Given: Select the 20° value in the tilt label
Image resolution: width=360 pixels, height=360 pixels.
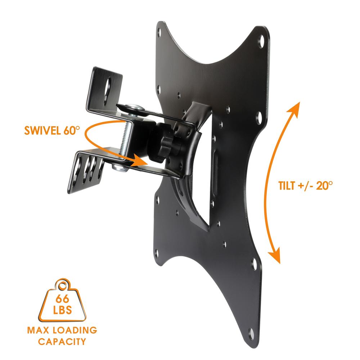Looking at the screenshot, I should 323,186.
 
